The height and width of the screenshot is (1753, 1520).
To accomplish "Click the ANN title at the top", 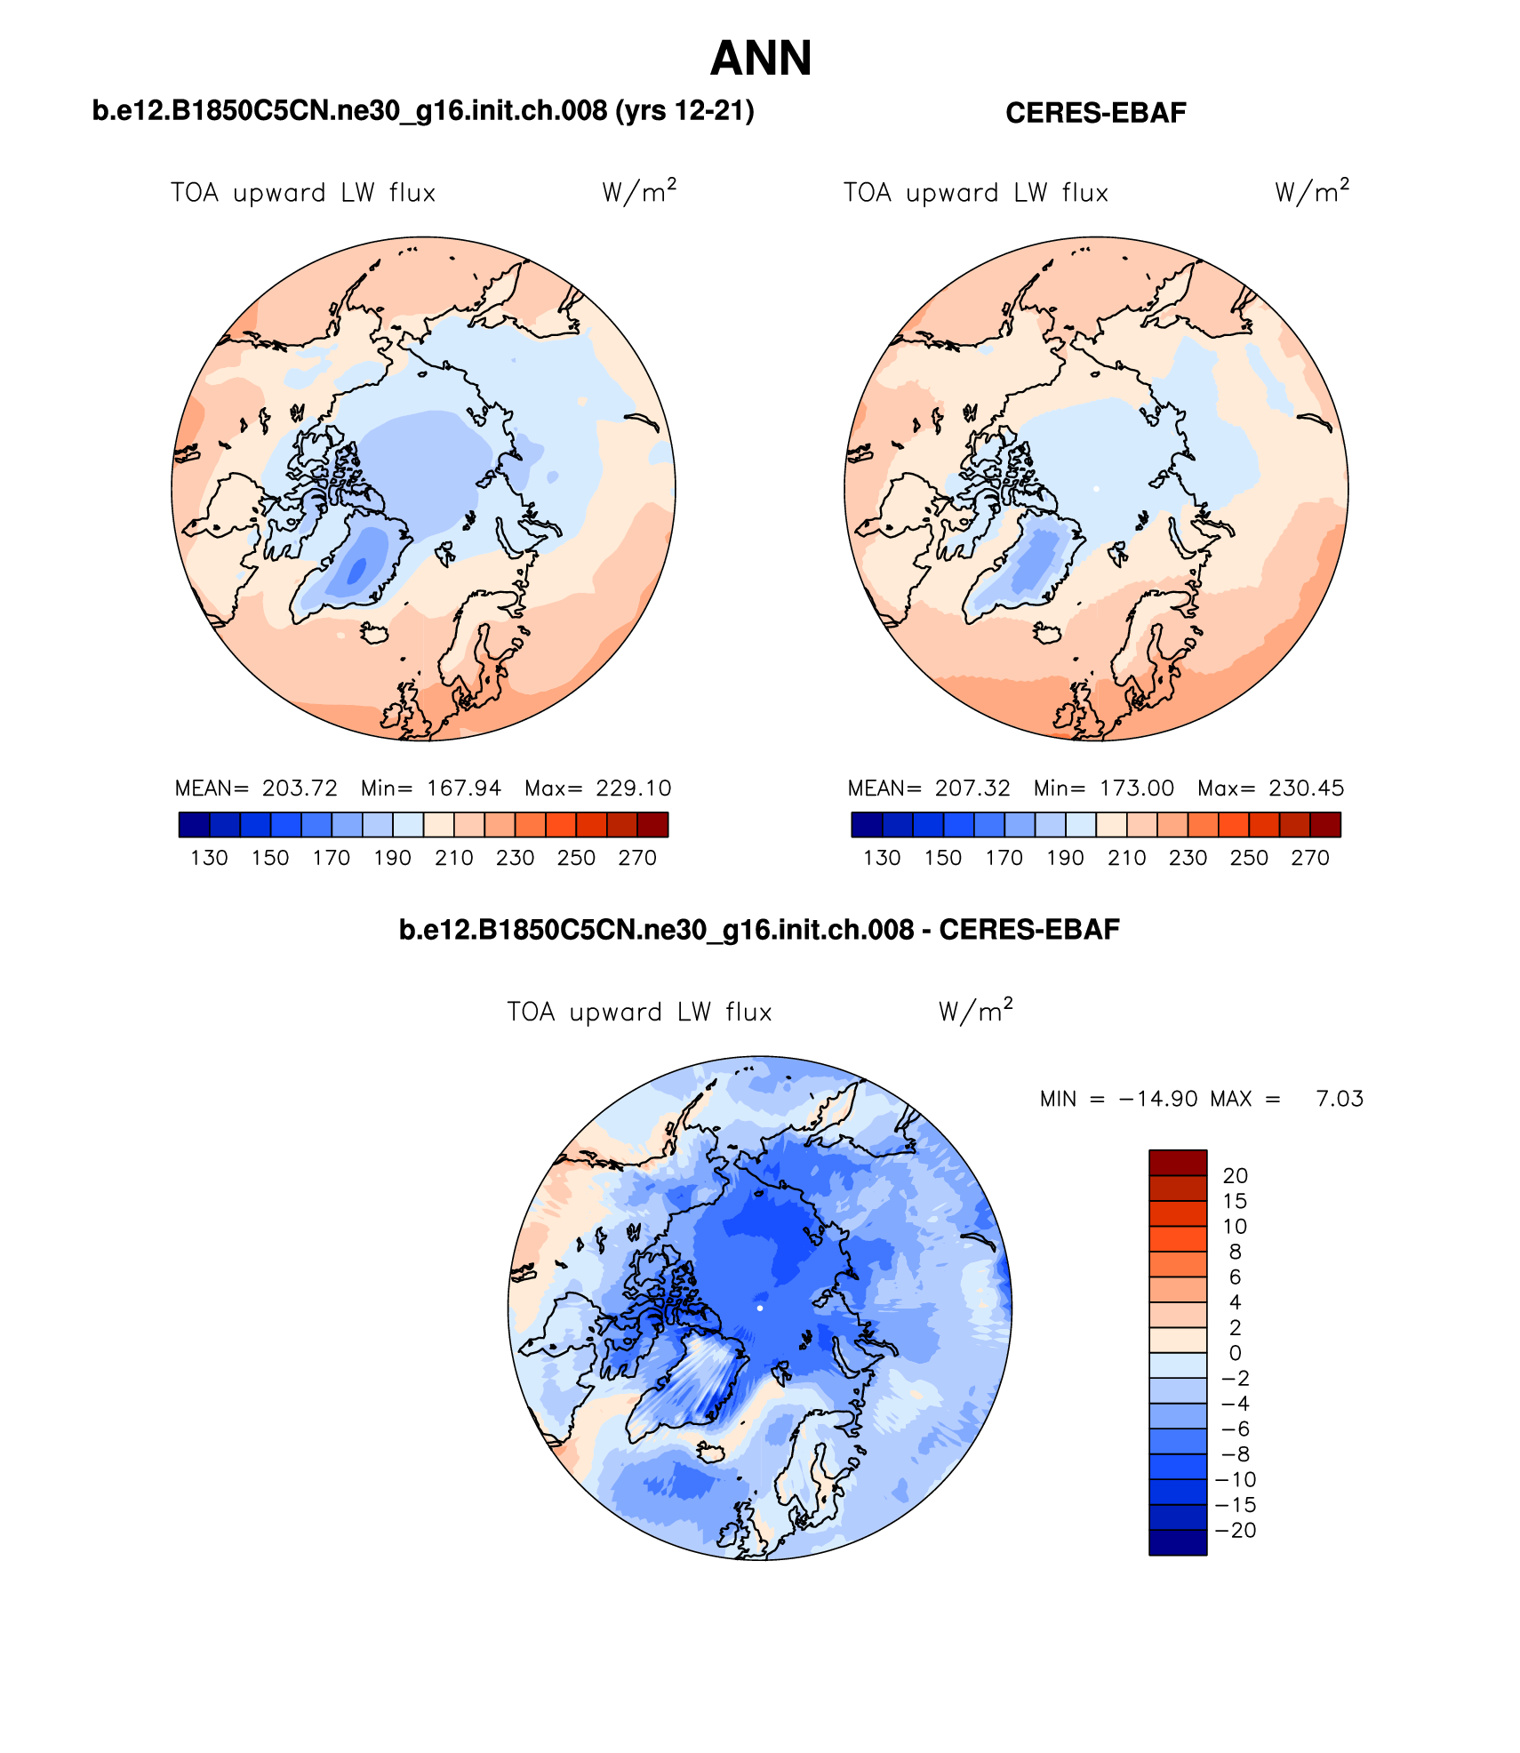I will tap(761, 59).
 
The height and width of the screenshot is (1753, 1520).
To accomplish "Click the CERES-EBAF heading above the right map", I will tap(1095, 113).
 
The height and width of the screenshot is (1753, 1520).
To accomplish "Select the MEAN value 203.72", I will tap(300, 788).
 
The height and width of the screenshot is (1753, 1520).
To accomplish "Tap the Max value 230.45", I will tap(1306, 788).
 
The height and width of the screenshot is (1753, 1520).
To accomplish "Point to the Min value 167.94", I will tap(464, 788).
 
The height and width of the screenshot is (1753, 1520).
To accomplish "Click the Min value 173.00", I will tap(1137, 788).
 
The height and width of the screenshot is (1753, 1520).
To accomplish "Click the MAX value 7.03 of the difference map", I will tap(1340, 1099).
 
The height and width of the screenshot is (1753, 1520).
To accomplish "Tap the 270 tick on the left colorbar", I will tap(637, 858).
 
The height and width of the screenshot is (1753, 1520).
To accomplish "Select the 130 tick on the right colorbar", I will tap(882, 858).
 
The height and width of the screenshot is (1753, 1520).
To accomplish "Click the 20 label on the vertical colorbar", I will tap(1235, 1175).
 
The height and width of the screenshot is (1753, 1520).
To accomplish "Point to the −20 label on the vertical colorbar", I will tap(1236, 1530).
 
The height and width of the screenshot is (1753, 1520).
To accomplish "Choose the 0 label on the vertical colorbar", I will tap(1235, 1353).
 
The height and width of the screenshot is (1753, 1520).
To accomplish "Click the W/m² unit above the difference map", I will tap(975, 1012).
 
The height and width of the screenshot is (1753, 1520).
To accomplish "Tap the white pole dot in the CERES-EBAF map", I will tap(1096, 489).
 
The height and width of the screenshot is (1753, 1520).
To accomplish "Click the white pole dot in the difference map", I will tap(760, 1309).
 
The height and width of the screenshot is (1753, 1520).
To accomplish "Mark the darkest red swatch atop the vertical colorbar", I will tap(1178, 1162).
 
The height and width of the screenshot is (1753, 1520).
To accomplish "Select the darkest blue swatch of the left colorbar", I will tap(194, 825).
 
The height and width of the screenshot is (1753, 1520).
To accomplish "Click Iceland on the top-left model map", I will tap(375, 633).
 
